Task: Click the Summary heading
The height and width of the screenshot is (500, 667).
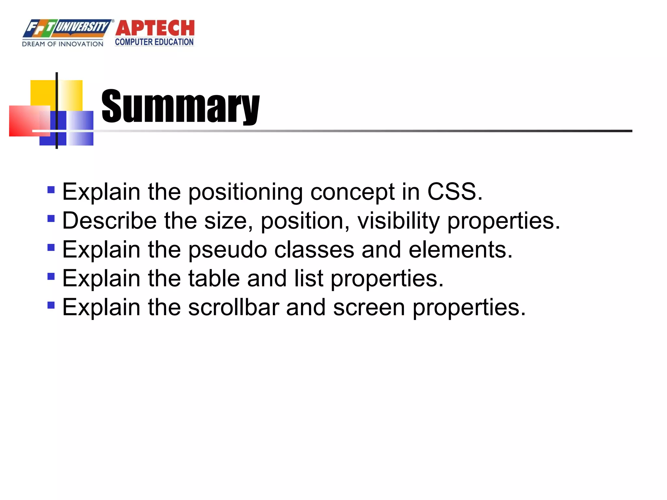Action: pyautogui.click(x=180, y=106)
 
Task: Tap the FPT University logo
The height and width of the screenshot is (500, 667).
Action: pyautogui.click(x=67, y=28)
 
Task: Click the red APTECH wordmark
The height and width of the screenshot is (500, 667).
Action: pyautogui.click(x=155, y=28)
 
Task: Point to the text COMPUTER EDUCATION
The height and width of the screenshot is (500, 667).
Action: pyautogui.click(x=154, y=42)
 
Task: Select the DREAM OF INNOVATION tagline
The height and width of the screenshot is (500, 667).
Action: pyautogui.click(x=63, y=44)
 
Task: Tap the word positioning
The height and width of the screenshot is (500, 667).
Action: pyautogui.click(x=246, y=192)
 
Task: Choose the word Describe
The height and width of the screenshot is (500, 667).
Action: pyautogui.click(x=109, y=221)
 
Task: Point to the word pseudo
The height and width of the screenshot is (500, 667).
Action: pyautogui.click(x=228, y=250)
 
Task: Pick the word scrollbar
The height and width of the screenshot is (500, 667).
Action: pyautogui.click(x=234, y=307)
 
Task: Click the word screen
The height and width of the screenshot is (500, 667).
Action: pyautogui.click(x=369, y=308)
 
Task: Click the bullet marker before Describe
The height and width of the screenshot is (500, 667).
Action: pyautogui.click(x=51, y=218)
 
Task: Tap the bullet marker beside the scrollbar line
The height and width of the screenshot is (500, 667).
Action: pyautogui.click(x=51, y=305)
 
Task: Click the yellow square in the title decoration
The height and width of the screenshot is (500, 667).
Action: pyautogui.click(x=42, y=93)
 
